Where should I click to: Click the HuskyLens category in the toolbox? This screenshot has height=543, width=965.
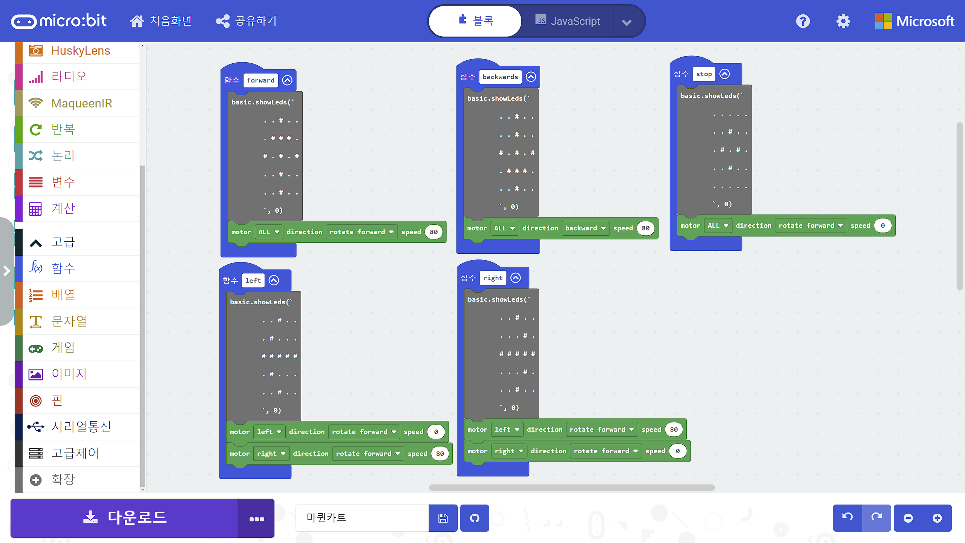[80, 51]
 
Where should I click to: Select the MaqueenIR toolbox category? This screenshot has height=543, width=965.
[81, 103]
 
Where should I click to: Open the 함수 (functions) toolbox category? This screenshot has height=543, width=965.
[63, 268]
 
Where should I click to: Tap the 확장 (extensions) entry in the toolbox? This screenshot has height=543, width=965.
[63, 479]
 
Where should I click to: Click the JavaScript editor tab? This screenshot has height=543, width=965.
[568, 21]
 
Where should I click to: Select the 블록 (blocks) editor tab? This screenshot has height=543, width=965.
[476, 21]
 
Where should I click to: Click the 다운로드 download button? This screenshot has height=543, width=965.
[124, 518]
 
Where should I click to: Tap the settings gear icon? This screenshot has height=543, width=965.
[843, 21]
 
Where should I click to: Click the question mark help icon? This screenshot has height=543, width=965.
[803, 21]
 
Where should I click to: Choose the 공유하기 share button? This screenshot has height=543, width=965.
[247, 21]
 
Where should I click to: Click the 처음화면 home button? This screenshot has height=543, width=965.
[161, 21]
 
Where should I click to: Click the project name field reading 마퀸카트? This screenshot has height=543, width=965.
[362, 518]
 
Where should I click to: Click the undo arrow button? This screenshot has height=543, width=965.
[847, 518]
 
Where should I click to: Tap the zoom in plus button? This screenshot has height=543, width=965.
[937, 518]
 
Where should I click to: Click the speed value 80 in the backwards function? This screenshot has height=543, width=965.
[645, 228]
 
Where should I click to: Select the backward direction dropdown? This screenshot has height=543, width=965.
[585, 228]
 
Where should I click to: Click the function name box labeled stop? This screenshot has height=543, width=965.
[704, 74]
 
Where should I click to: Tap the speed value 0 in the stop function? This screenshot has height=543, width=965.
[882, 225]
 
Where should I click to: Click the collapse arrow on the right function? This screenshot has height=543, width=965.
[516, 278]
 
